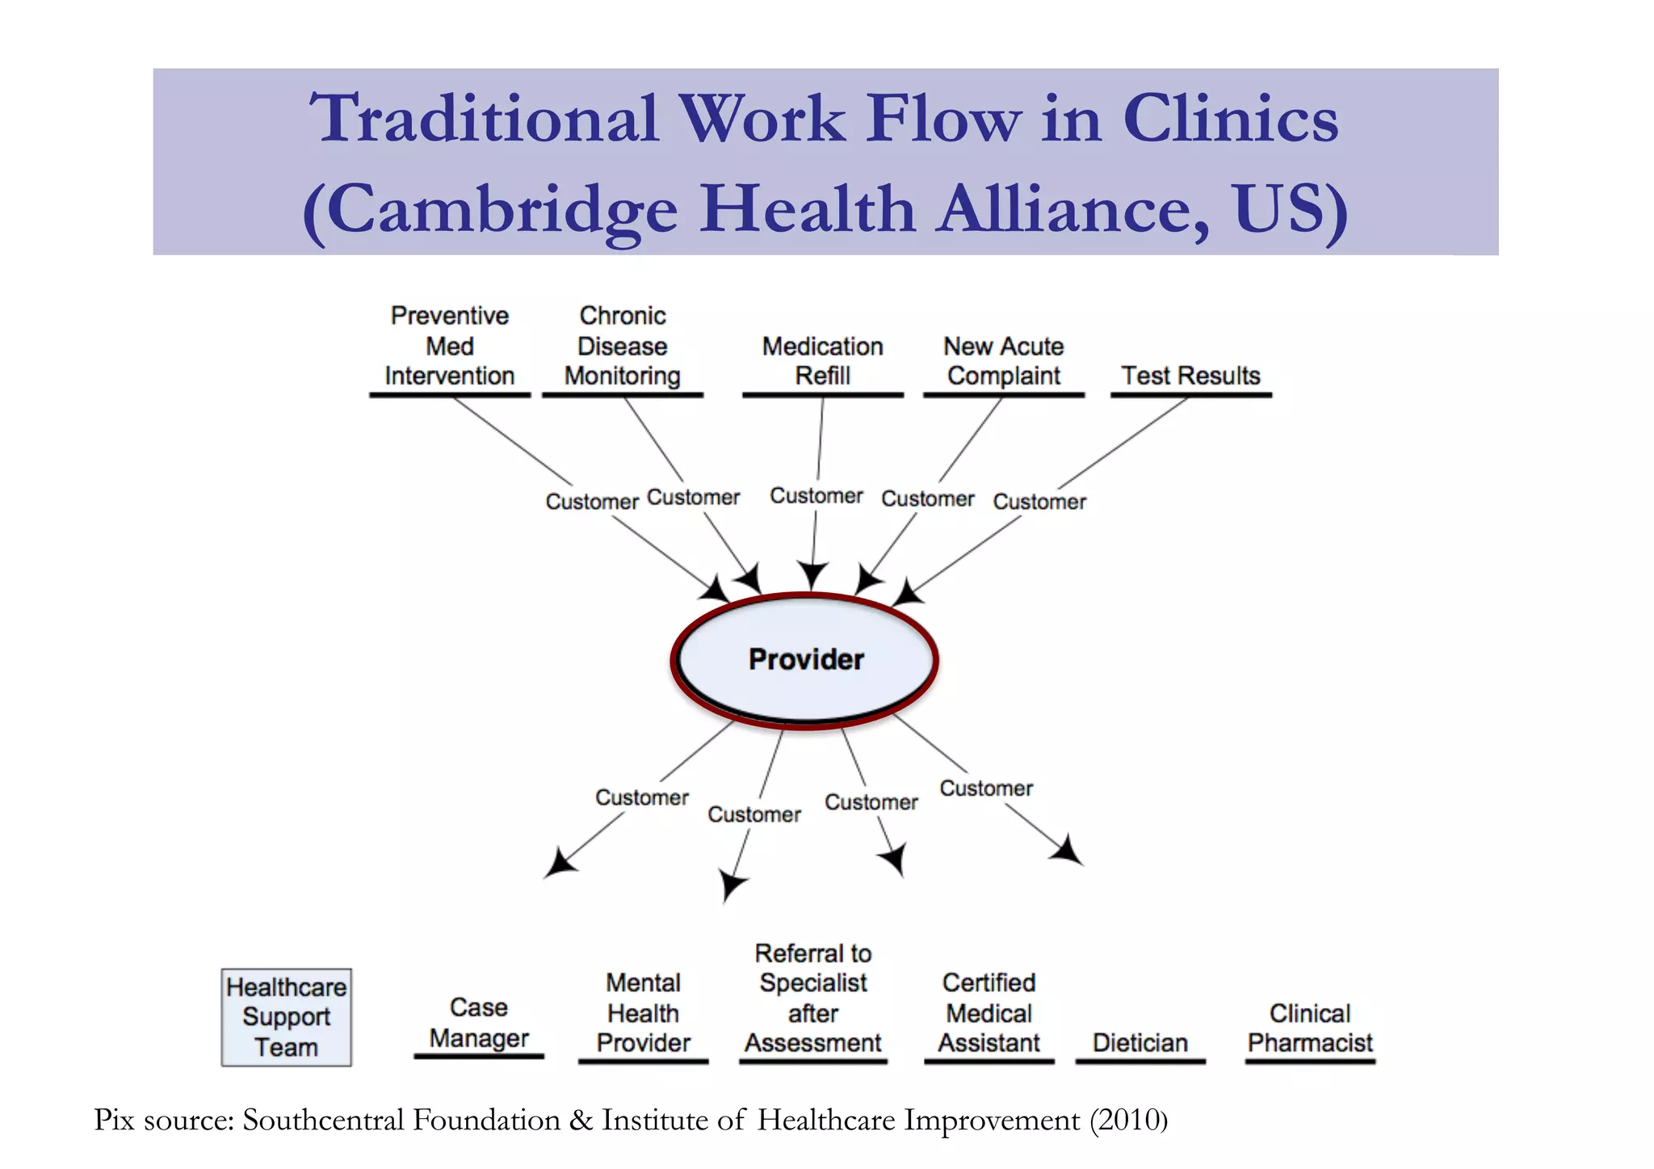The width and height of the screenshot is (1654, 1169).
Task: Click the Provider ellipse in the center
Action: coord(805,660)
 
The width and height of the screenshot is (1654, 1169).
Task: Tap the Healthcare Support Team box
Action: coord(286,1017)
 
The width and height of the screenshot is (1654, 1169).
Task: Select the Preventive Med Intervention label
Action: coord(449,346)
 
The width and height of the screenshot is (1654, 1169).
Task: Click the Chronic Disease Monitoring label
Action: coord(622,346)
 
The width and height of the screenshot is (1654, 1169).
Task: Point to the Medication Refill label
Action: coord(822,361)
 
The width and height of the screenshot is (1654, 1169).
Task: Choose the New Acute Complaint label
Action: coord(1003,361)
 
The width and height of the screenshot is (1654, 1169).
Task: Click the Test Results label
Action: coord(1190,376)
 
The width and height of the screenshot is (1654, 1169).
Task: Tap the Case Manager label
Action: coord(479,1023)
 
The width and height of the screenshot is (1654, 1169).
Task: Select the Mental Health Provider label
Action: coord(643,1013)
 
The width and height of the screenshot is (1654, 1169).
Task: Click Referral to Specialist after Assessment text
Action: coord(812,999)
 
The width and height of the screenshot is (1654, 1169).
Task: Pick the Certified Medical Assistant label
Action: coord(989,1013)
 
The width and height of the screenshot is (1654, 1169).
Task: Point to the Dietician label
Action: coord(1140,1043)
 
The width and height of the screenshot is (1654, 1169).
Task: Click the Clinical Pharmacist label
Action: coord(1309,1028)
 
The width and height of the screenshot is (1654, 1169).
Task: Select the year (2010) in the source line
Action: coord(1128,1121)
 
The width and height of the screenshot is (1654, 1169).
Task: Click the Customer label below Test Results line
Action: coord(1039,502)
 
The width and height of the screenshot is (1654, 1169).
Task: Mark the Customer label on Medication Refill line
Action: coord(816,495)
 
